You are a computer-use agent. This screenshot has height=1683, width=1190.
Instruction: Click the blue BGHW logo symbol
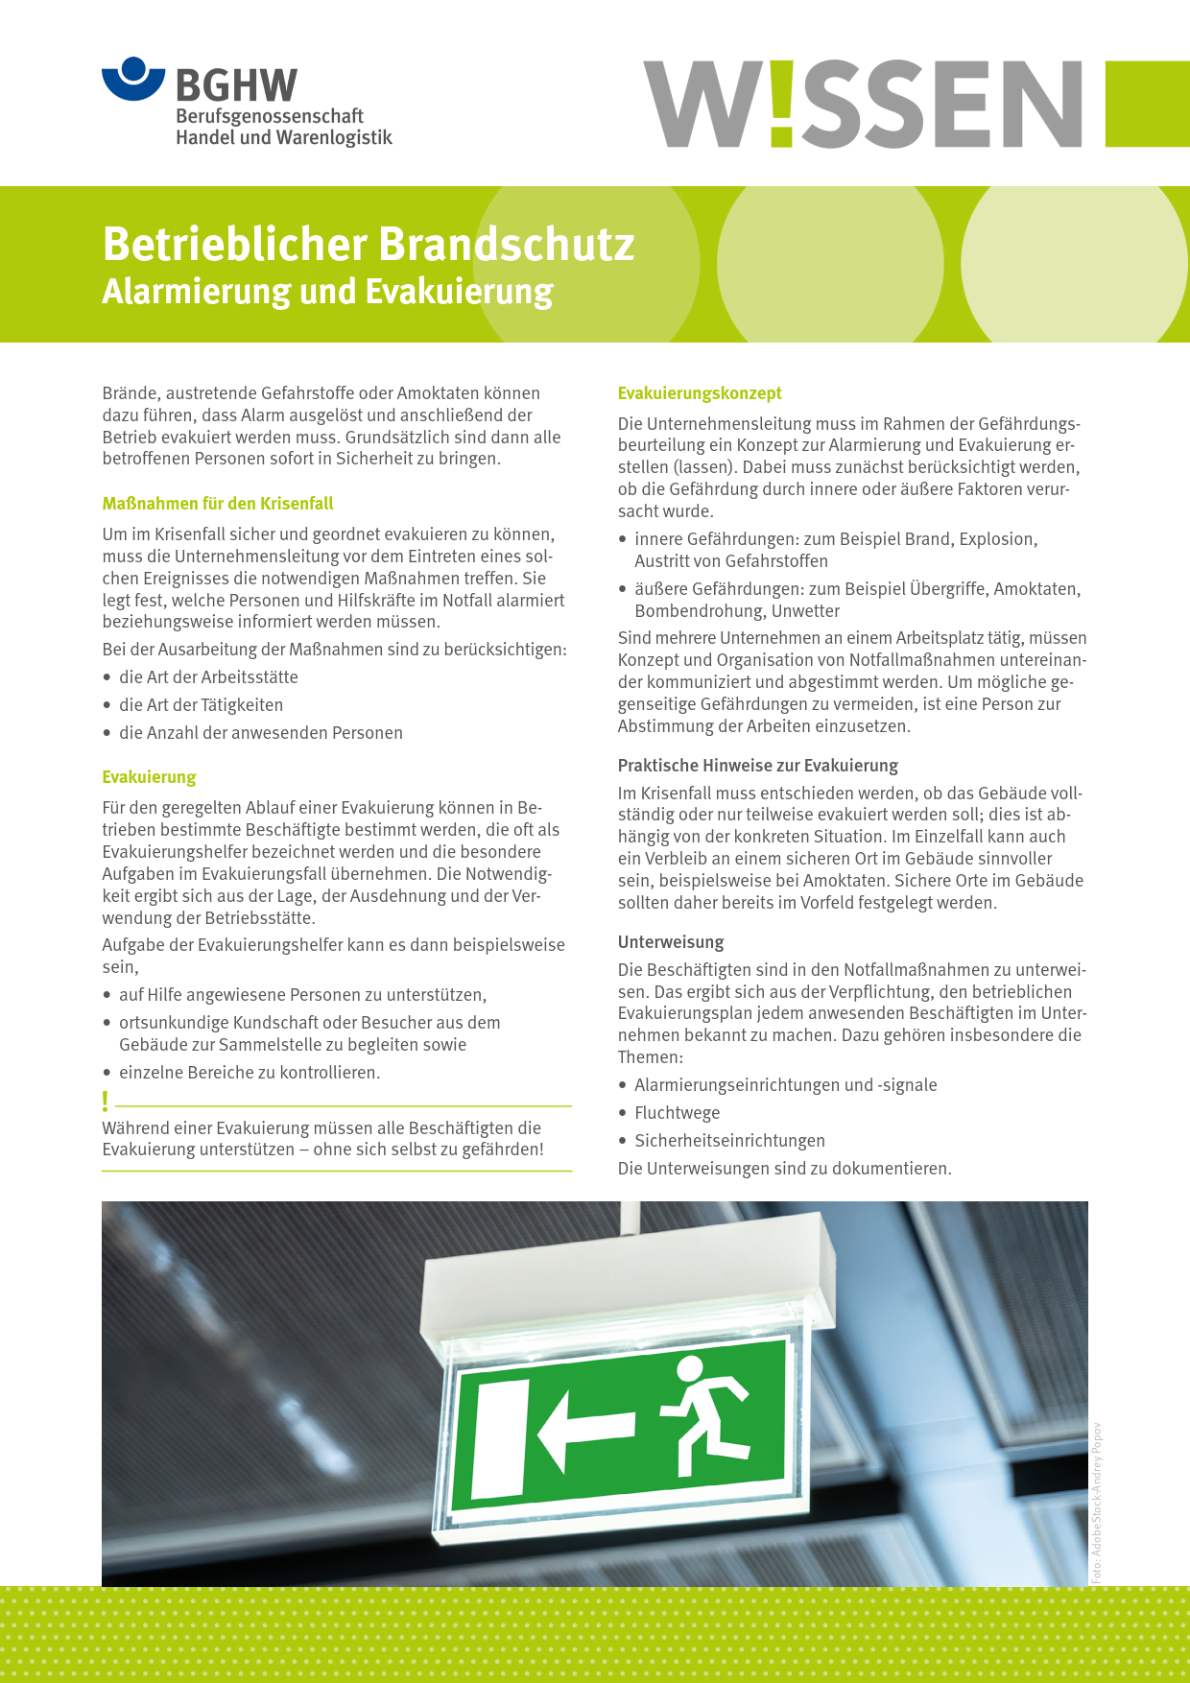(x=133, y=79)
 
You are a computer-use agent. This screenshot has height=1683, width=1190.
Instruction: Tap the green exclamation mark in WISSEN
(x=782, y=104)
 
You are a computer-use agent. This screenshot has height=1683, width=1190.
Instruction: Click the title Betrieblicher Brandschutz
(x=369, y=244)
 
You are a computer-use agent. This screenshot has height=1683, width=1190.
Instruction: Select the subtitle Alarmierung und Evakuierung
(x=327, y=291)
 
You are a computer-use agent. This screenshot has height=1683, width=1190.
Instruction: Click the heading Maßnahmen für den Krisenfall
(x=218, y=504)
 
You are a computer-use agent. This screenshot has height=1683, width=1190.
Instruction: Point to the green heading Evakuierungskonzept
(x=700, y=393)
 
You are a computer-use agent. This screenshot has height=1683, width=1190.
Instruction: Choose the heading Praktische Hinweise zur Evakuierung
(x=758, y=766)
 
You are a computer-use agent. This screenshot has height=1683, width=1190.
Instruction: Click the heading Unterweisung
(x=671, y=942)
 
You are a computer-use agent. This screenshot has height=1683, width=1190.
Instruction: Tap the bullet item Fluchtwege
(x=677, y=1113)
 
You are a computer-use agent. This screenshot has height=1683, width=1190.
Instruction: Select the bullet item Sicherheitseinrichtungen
(x=729, y=1141)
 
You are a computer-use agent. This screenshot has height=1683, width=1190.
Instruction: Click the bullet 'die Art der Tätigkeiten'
(x=201, y=705)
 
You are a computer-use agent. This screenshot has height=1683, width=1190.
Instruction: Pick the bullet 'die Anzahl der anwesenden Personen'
(x=260, y=733)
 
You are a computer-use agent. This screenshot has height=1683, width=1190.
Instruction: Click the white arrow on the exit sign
(x=585, y=1430)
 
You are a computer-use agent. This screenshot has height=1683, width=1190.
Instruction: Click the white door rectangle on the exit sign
(x=501, y=1439)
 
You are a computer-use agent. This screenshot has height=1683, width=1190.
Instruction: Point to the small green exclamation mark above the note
(x=106, y=1101)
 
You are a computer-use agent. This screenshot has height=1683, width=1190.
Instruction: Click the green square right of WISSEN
(x=1148, y=104)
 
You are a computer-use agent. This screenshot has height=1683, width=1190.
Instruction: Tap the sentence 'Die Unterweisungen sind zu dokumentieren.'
(x=785, y=1169)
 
